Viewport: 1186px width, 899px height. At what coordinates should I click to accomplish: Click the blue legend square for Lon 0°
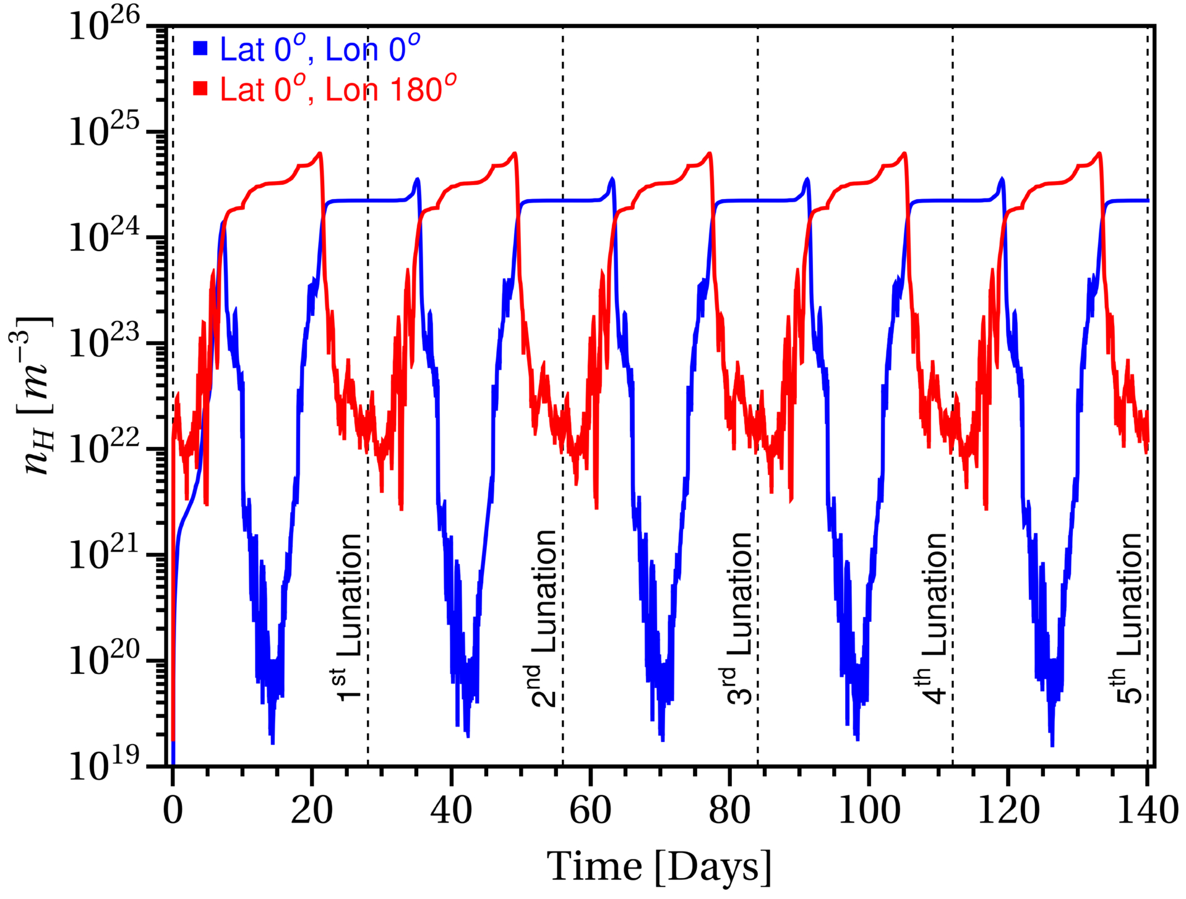[200, 48]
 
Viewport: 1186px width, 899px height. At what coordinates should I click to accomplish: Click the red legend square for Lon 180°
[200, 88]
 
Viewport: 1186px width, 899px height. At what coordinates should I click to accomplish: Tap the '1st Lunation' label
[348, 618]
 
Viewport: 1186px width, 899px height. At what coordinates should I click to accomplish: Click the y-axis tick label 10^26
[104, 25]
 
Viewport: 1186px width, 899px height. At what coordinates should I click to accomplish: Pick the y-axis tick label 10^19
[104, 765]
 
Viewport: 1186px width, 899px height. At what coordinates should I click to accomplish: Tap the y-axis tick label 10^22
[104, 448]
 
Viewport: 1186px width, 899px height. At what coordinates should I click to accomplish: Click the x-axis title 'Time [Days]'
[660, 867]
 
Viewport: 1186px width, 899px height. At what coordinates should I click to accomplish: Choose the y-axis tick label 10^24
[104, 236]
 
